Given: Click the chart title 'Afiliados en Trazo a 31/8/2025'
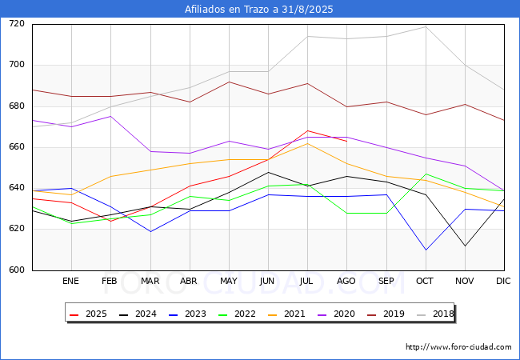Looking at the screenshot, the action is (x=258, y=10).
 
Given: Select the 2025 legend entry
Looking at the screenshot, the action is (x=88, y=314).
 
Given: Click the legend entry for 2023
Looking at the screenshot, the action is (x=187, y=314).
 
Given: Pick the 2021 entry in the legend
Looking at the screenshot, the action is (x=286, y=314).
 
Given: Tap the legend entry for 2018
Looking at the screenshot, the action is (x=435, y=314).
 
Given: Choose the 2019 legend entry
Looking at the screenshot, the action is (x=386, y=314).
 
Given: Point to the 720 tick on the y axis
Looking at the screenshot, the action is (x=17, y=23).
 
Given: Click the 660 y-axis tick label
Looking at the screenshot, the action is (x=17, y=147).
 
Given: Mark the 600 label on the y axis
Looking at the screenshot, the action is (x=17, y=270).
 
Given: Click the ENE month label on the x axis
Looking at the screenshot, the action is (x=70, y=281).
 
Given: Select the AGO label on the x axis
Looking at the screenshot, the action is (x=346, y=281).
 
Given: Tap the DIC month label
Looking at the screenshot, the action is (x=503, y=281).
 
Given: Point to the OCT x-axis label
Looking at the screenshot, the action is (x=425, y=281).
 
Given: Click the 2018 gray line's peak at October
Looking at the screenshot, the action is (x=426, y=26).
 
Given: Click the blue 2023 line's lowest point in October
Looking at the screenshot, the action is (x=426, y=250).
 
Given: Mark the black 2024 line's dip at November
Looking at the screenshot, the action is (x=465, y=246).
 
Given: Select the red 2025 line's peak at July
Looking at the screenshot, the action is (x=307, y=130).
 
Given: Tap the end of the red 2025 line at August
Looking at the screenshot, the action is (x=347, y=142).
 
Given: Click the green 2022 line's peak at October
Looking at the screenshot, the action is (x=426, y=174).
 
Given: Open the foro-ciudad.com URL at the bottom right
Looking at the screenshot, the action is (x=458, y=347).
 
